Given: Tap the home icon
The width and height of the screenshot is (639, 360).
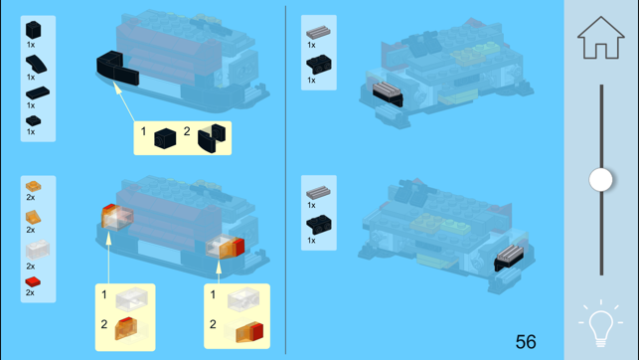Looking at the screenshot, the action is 600,38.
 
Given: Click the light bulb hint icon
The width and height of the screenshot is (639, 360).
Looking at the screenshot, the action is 600,324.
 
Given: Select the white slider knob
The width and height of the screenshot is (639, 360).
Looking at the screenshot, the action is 600,179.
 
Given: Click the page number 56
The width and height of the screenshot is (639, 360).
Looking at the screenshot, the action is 526,342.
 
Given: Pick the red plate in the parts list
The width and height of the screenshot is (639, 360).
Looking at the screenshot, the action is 33,281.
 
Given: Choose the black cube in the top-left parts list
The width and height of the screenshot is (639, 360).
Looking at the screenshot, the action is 34,30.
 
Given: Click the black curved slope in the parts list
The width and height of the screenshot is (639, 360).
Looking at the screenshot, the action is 36,64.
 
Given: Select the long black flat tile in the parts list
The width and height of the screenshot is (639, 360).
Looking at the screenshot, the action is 38,92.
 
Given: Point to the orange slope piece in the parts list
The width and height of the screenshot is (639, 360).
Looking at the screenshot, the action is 33,218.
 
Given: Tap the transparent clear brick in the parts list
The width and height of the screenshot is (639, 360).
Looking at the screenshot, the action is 38,250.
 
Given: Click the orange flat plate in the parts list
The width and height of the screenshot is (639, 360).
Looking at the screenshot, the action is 33,186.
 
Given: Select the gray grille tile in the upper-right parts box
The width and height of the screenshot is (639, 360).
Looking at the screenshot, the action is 318,32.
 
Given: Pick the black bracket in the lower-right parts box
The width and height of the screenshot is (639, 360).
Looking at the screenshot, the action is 319,224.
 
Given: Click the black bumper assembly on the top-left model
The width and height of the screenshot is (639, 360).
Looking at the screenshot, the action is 117,68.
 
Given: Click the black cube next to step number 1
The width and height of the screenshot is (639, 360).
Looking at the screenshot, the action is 165,138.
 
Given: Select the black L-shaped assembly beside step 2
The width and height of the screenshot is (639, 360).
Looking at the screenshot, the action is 212,138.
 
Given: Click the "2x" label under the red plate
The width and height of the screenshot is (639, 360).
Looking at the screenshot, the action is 30,292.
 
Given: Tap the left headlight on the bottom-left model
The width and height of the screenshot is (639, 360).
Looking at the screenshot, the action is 117,217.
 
